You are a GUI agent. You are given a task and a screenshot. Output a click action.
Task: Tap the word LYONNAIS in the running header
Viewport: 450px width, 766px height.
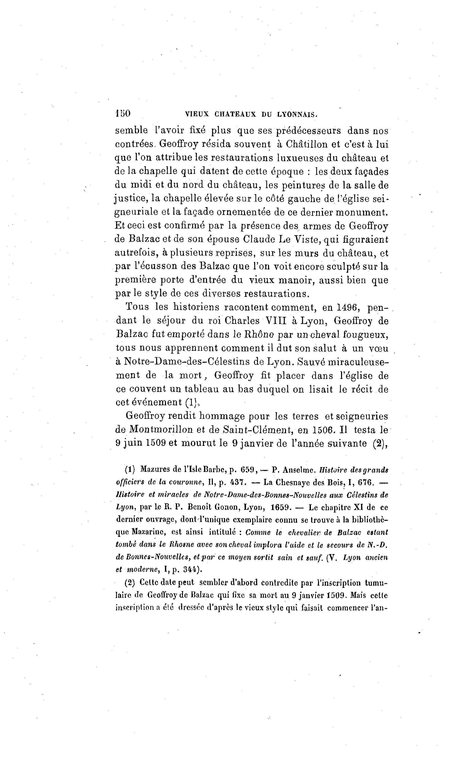(x=297, y=115)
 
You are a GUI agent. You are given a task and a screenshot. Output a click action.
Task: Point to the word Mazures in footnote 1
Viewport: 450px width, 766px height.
(x=155, y=469)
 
